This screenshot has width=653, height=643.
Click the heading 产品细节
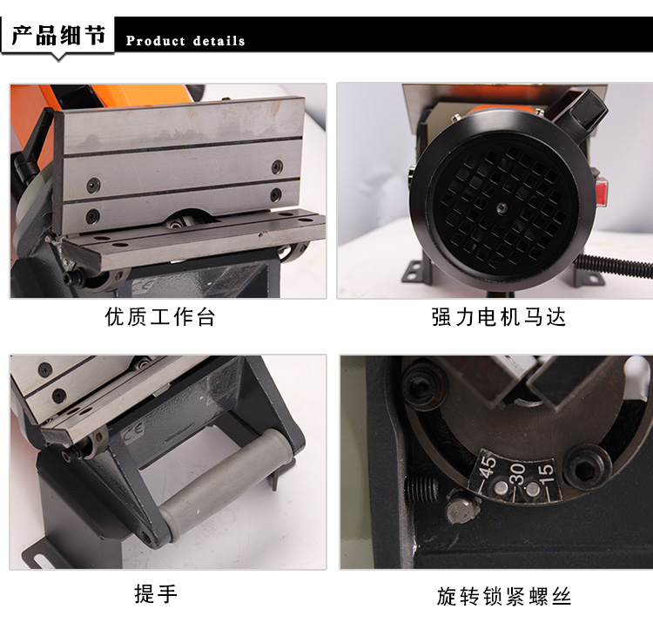58,35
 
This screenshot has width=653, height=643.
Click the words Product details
185,41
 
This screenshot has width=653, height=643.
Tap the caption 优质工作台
160,317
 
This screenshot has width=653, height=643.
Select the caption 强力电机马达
499,317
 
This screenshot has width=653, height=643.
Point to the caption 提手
156,593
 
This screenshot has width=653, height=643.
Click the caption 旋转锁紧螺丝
504,596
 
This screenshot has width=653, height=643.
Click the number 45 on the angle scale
488,466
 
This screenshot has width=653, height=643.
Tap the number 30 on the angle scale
517,473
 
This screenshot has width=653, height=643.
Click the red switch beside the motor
601,192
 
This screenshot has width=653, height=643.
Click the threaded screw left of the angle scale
421,490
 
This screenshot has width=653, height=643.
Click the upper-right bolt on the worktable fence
278,166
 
